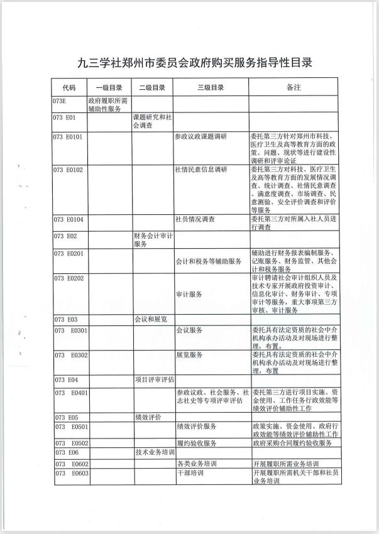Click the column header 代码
(69, 88)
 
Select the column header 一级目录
(109, 88)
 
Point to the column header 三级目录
(211, 88)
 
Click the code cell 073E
(60, 100)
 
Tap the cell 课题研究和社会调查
(153, 121)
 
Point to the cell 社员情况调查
(195, 219)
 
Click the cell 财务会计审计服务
(153, 239)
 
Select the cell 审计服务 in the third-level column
(189, 294)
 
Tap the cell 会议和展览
(151, 319)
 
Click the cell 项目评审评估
(154, 379)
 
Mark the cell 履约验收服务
(197, 443)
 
